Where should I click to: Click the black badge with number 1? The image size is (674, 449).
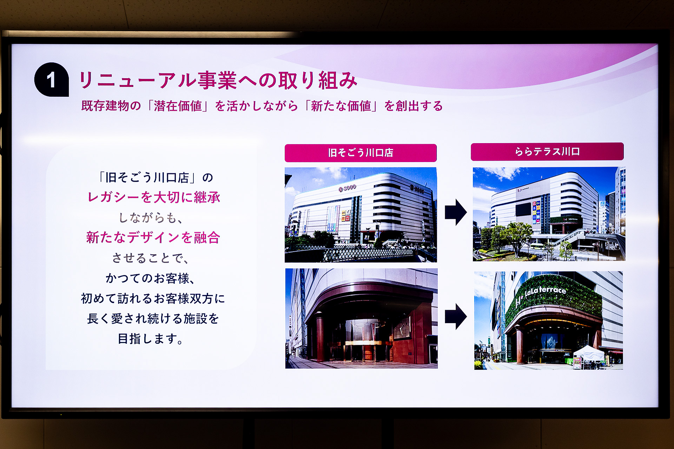(51, 80)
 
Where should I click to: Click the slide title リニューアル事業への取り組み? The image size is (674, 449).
(218, 80)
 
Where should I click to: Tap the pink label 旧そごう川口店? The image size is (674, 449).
(361, 153)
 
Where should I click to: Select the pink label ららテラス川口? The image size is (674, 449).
(547, 152)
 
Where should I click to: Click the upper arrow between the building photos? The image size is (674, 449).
(455, 212)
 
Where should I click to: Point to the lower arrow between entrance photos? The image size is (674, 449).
(455, 316)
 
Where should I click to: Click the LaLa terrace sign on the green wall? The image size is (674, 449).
(546, 291)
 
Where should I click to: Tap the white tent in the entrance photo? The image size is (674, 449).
(588, 353)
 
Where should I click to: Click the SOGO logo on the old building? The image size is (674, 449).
(348, 188)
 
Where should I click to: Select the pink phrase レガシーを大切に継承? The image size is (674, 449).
(154, 197)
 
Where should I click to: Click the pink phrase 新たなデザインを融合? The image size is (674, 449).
(153, 238)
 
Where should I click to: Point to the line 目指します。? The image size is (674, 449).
(151, 339)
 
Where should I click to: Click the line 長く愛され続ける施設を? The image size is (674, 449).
(153, 319)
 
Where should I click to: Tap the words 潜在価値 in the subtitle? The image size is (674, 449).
(178, 106)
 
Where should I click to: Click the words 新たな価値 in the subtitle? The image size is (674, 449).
(341, 106)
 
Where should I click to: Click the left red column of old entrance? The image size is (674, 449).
(320, 339)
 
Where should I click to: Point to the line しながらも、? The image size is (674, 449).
(151, 218)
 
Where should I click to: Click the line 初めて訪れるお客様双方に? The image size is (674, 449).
(153, 299)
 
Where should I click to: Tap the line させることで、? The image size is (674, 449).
(151, 258)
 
